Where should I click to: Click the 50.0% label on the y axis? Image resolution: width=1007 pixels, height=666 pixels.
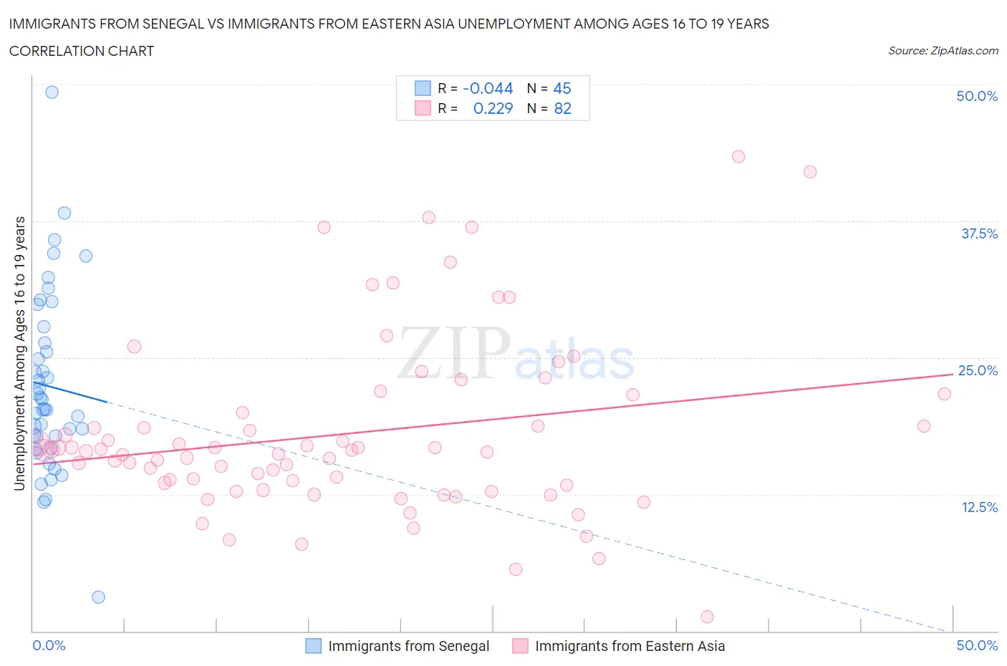tap(976, 96)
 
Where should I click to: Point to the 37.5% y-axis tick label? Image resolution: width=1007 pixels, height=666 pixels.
tap(978, 233)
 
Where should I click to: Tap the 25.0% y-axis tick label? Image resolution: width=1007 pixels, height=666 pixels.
tap(978, 370)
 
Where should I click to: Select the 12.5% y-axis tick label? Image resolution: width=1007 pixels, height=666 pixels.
tap(978, 507)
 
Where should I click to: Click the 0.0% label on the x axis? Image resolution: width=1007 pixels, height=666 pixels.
tap(49, 645)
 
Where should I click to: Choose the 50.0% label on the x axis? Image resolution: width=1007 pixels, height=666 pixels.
tap(977, 645)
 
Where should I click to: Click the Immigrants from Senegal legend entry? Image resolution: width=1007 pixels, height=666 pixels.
tap(408, 646)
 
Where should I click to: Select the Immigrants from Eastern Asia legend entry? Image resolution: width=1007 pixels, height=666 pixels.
tap(630, 646)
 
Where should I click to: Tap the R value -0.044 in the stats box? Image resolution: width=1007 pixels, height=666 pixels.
tap(488, 88)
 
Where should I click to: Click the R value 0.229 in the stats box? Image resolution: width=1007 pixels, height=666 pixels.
tap(493, 108)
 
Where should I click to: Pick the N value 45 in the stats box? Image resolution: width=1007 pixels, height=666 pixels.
tap(562, 88)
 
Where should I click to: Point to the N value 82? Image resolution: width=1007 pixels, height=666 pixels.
tap(562, 108)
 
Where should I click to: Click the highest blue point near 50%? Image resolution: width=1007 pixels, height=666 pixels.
tap(52, 92)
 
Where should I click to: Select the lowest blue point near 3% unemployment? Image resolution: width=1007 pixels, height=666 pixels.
tap(98, 597)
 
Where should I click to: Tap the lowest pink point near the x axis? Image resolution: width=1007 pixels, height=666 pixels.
tap(707, 617)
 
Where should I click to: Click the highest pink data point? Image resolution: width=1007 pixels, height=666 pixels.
tap(738, 157)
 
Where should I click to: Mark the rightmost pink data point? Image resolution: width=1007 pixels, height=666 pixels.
tap(944, 394)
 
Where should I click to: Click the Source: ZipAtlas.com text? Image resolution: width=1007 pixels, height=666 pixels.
tap(943, 51)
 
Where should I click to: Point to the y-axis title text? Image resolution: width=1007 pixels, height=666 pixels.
tap(20, 353)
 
